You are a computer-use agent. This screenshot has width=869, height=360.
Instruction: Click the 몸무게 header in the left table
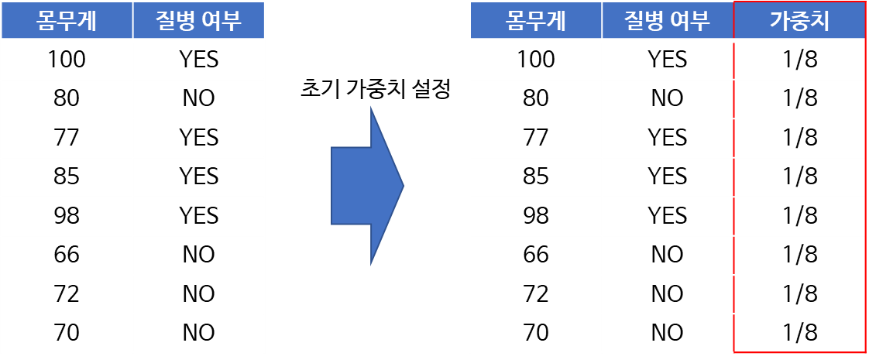pyautogui.click(x=67, y=21)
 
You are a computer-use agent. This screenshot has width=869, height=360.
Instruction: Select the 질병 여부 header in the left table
pyautogui.click(x=199, y=21)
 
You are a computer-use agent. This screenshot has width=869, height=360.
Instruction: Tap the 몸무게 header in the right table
pyautogui.click(x=535, y=21)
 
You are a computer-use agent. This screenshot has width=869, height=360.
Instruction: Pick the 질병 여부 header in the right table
pyautogui.click(x=667, y=21)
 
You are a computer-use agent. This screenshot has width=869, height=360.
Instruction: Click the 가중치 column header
pyautogui.click(x=799, y=21)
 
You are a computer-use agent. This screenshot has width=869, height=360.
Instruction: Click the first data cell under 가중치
pyautogui.click(x=799, y=60)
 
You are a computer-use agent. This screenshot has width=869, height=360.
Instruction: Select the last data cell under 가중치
pyautogui.click(x=799, y=333)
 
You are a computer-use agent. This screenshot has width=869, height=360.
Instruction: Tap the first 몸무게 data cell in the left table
pyautogui.click(x=67, y=60)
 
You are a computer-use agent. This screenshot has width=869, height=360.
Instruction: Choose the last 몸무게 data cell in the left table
pyautogui.click(x=67, y=333)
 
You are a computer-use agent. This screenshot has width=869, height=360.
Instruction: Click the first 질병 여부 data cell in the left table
pyautogui.click(x=199, y=60)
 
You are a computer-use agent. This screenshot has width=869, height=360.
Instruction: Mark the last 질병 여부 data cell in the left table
pyautogui.click(x=199, y=333)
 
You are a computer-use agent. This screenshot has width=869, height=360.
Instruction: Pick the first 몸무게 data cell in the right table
pyautogui.click(x=535, y=60)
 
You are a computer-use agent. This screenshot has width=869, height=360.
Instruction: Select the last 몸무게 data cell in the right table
pyautogui.click(x=535, y=333)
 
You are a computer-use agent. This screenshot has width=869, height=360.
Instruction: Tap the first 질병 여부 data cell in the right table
pyautogui.click(x=667, y=60)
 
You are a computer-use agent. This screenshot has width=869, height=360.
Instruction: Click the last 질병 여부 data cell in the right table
pyautogui.click(x=667, y=333)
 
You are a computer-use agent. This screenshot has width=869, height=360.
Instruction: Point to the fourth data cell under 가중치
pyautogui.click(x=799, y=177)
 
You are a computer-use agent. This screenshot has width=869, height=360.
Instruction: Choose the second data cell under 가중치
pyautogui.click(x=799, y=99)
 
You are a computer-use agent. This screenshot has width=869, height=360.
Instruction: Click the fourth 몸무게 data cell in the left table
pyautogui.click(x=67, y=177)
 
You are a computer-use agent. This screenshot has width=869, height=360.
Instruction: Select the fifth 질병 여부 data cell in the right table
pyautogui.click(x=667, y=217)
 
